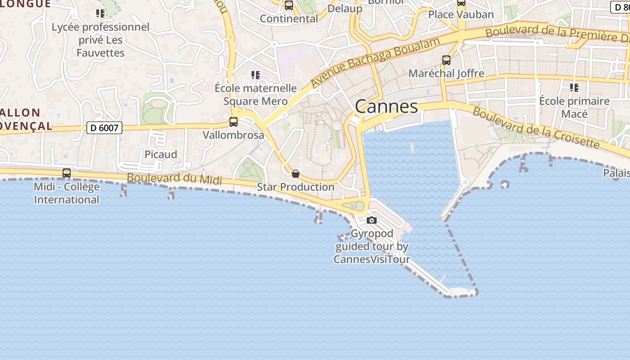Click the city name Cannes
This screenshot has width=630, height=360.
[x=386, y=107]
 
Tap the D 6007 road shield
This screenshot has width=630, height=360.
[x=104, y=128]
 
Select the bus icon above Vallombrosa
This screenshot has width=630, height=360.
[x=233, y=121]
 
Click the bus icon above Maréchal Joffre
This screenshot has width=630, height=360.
[x=446, y=60]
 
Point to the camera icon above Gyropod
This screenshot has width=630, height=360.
[x=371, y=220]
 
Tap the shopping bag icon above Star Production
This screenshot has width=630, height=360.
[x=296, y=174]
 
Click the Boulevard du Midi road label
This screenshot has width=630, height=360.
[x=174, y=179]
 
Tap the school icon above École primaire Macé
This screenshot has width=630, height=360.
[x=574, y=87]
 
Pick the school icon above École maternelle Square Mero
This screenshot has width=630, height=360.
[x=255, y=75]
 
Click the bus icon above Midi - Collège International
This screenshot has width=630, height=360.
[x=67, y=173]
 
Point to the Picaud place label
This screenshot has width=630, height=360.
[x=161, y=154]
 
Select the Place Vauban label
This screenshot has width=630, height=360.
[x=461, y=14]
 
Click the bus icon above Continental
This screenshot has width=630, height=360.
[x=289, y=5]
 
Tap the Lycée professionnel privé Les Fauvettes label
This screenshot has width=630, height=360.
[x=100, y=40]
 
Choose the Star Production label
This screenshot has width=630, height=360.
[x=295, y=187]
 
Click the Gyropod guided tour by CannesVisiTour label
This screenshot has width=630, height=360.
[x=372, y=247]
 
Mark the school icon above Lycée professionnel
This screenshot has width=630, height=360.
[x=100, y=13]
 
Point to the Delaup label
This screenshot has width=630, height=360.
[x=345, y=9]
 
